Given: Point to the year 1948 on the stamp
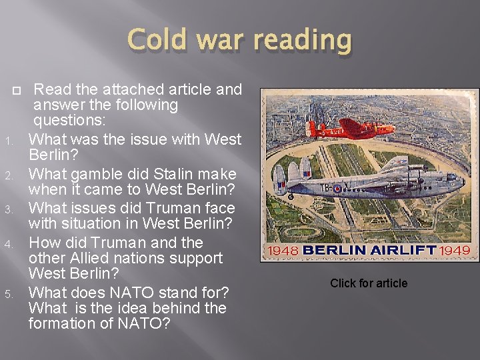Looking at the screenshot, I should (x=283, y=251).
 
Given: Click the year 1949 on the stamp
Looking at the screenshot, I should (x=455, y=251).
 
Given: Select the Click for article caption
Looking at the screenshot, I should (x=369, y=283).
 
